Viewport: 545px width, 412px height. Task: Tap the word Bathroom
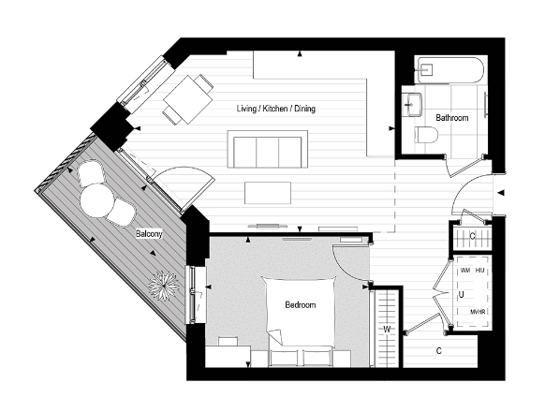pyautogui.click(x=452, y=118)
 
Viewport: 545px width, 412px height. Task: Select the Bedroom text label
pyautogui.click(x=300, y=305)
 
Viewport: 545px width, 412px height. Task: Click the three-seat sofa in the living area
pyautogui.click(x=267, y=150)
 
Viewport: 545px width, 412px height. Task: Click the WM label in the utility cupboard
pyautogui.click(x=465, y=270)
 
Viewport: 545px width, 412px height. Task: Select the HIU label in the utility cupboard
pyautogui.click(x=481, y=270)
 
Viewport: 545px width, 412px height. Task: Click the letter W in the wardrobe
pyautogui.click(x=384, y=330)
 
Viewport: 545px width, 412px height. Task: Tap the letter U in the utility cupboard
pyautogui.click(x=461, y=294)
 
